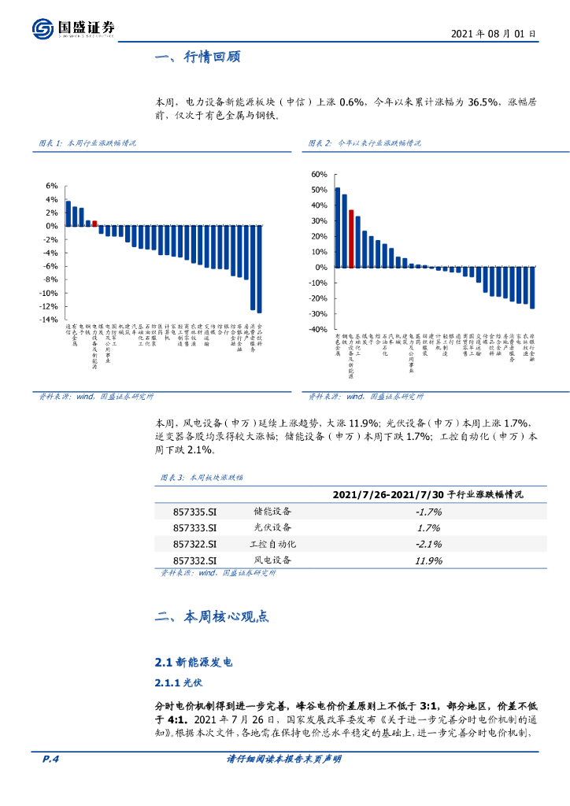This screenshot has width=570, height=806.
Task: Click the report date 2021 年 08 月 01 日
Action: (x=494, y=35)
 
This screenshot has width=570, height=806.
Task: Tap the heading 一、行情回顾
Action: (x=198, y=57)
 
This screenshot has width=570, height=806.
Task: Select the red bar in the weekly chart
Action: (x=95, y=223)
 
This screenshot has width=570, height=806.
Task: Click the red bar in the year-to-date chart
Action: (x=351, y=239)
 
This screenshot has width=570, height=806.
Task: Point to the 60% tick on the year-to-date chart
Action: (x=318, y=175)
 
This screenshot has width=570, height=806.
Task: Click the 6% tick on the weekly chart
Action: (x=51, y=186)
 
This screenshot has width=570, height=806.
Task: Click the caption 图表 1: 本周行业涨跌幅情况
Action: (x=87, y=143)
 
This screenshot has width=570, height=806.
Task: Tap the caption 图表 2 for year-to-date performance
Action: (x=364, y=143)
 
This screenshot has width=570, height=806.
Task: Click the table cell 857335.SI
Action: (x=195, y=512)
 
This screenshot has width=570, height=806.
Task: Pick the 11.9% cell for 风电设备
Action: (x=428, y=560)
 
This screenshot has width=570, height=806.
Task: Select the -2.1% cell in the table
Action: (x=428, y=544)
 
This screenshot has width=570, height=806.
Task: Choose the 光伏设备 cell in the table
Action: (x=272, y=527)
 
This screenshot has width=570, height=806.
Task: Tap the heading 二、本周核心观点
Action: (x=213, y=616)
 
